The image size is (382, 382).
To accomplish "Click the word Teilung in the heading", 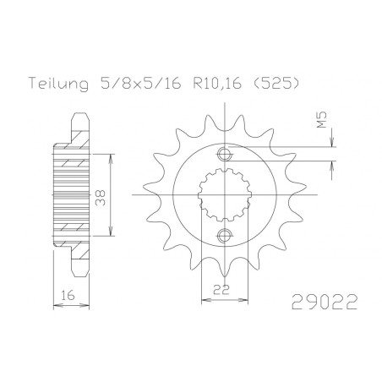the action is click(x=58, y=84).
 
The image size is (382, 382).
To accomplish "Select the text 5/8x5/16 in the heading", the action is click(x=140, y=83).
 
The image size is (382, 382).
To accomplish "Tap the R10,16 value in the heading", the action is click(x=217, y=84).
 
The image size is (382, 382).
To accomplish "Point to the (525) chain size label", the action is click(x=276, y=84).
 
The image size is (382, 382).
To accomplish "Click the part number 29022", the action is click(x=325, y=302).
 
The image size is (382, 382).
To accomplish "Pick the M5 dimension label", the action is click(x=322, y=119).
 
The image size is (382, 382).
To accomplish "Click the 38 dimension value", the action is click(x=101, y=198).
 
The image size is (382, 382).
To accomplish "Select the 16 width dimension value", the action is click(x=68, y=296).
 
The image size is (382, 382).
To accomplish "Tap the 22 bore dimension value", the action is click(x=221, y=290).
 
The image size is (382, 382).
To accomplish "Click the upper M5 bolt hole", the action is click(x=224, y=154).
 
